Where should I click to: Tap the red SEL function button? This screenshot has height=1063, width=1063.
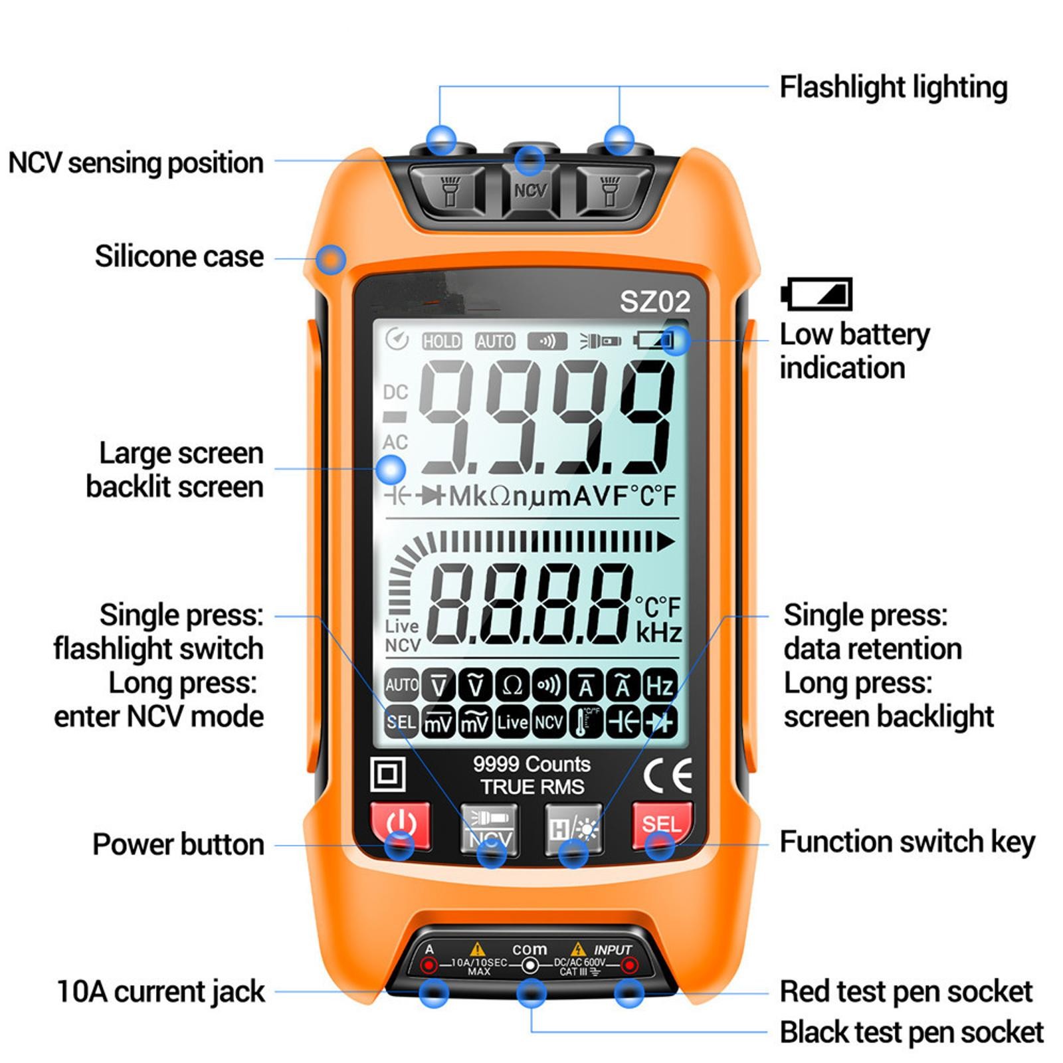[661, 825]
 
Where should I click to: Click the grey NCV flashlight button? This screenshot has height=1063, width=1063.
[490, 829]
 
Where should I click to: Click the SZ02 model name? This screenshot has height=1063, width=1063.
[654, 302]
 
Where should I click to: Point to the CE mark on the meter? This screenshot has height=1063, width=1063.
[667, 775]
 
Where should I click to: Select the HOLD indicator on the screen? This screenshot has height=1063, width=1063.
[442, 341]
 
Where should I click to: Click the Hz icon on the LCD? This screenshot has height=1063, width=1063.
[659, 686]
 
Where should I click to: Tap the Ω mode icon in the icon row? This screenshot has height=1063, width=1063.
[512, 686]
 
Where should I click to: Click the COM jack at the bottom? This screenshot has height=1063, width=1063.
[530, 965]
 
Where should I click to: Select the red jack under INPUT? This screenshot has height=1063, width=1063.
[628, 965]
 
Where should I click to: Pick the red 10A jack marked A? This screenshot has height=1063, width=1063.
[430, 965]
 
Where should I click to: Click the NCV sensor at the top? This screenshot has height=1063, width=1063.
[530, 191]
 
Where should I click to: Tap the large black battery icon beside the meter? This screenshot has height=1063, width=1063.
[817, 294]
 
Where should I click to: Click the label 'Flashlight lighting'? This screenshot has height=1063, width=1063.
[893, 87]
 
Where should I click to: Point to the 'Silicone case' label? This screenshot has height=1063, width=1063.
[179, 256]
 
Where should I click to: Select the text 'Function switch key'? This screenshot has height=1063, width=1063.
[907, 842]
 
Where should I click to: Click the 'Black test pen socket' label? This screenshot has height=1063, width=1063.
[911, 1032]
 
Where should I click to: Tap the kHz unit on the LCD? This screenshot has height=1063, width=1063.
[658, 633]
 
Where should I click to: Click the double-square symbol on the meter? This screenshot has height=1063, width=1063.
[387, 774]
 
